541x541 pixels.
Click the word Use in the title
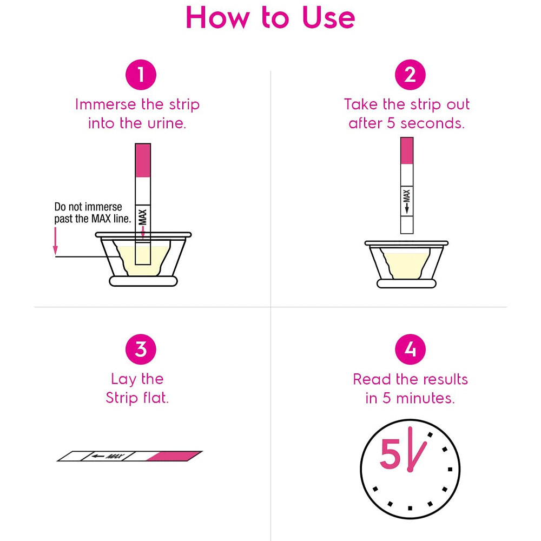(x=328, y=17)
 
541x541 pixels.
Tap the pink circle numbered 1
(x=141, y=75)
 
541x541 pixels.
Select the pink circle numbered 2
(x=410, y=75)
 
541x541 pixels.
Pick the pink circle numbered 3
(x=141, y=349)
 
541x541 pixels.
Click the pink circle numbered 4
(x=410, y=349)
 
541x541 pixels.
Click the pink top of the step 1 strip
(x=143, y=161)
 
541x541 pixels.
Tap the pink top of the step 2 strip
(x=407, y=151)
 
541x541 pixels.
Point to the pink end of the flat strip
(x=174, y=456)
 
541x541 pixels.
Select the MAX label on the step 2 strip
(x=407, y=201)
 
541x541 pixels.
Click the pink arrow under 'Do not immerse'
(x=55, y=241)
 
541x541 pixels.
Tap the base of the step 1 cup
(x=143, y=281)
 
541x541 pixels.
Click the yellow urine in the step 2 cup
(x=406, y=265)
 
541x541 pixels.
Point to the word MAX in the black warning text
(x=101, y=219)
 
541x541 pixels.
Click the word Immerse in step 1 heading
(x=105, y=104)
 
